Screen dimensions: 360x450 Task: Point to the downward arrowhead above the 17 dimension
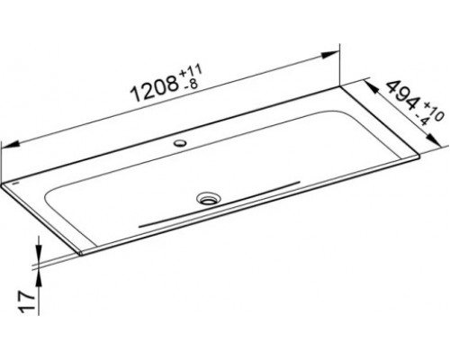[39, 250]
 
